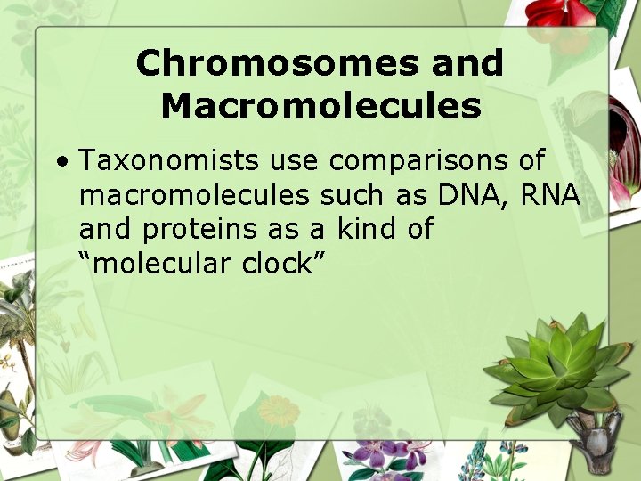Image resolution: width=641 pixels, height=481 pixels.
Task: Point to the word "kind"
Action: pos(369,229)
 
